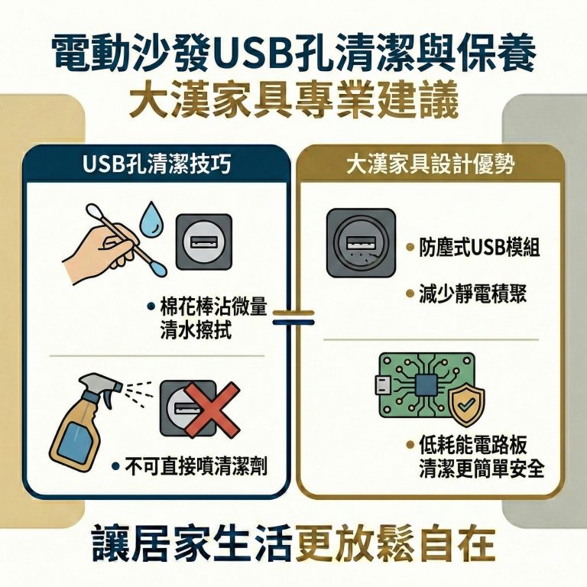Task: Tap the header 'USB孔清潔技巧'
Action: coord(156,164)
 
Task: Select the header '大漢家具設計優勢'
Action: coord(430,164)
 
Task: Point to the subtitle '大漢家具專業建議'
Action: coord(293,101)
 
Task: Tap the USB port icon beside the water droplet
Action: coord(203,241)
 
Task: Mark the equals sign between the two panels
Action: coord(293,316)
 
